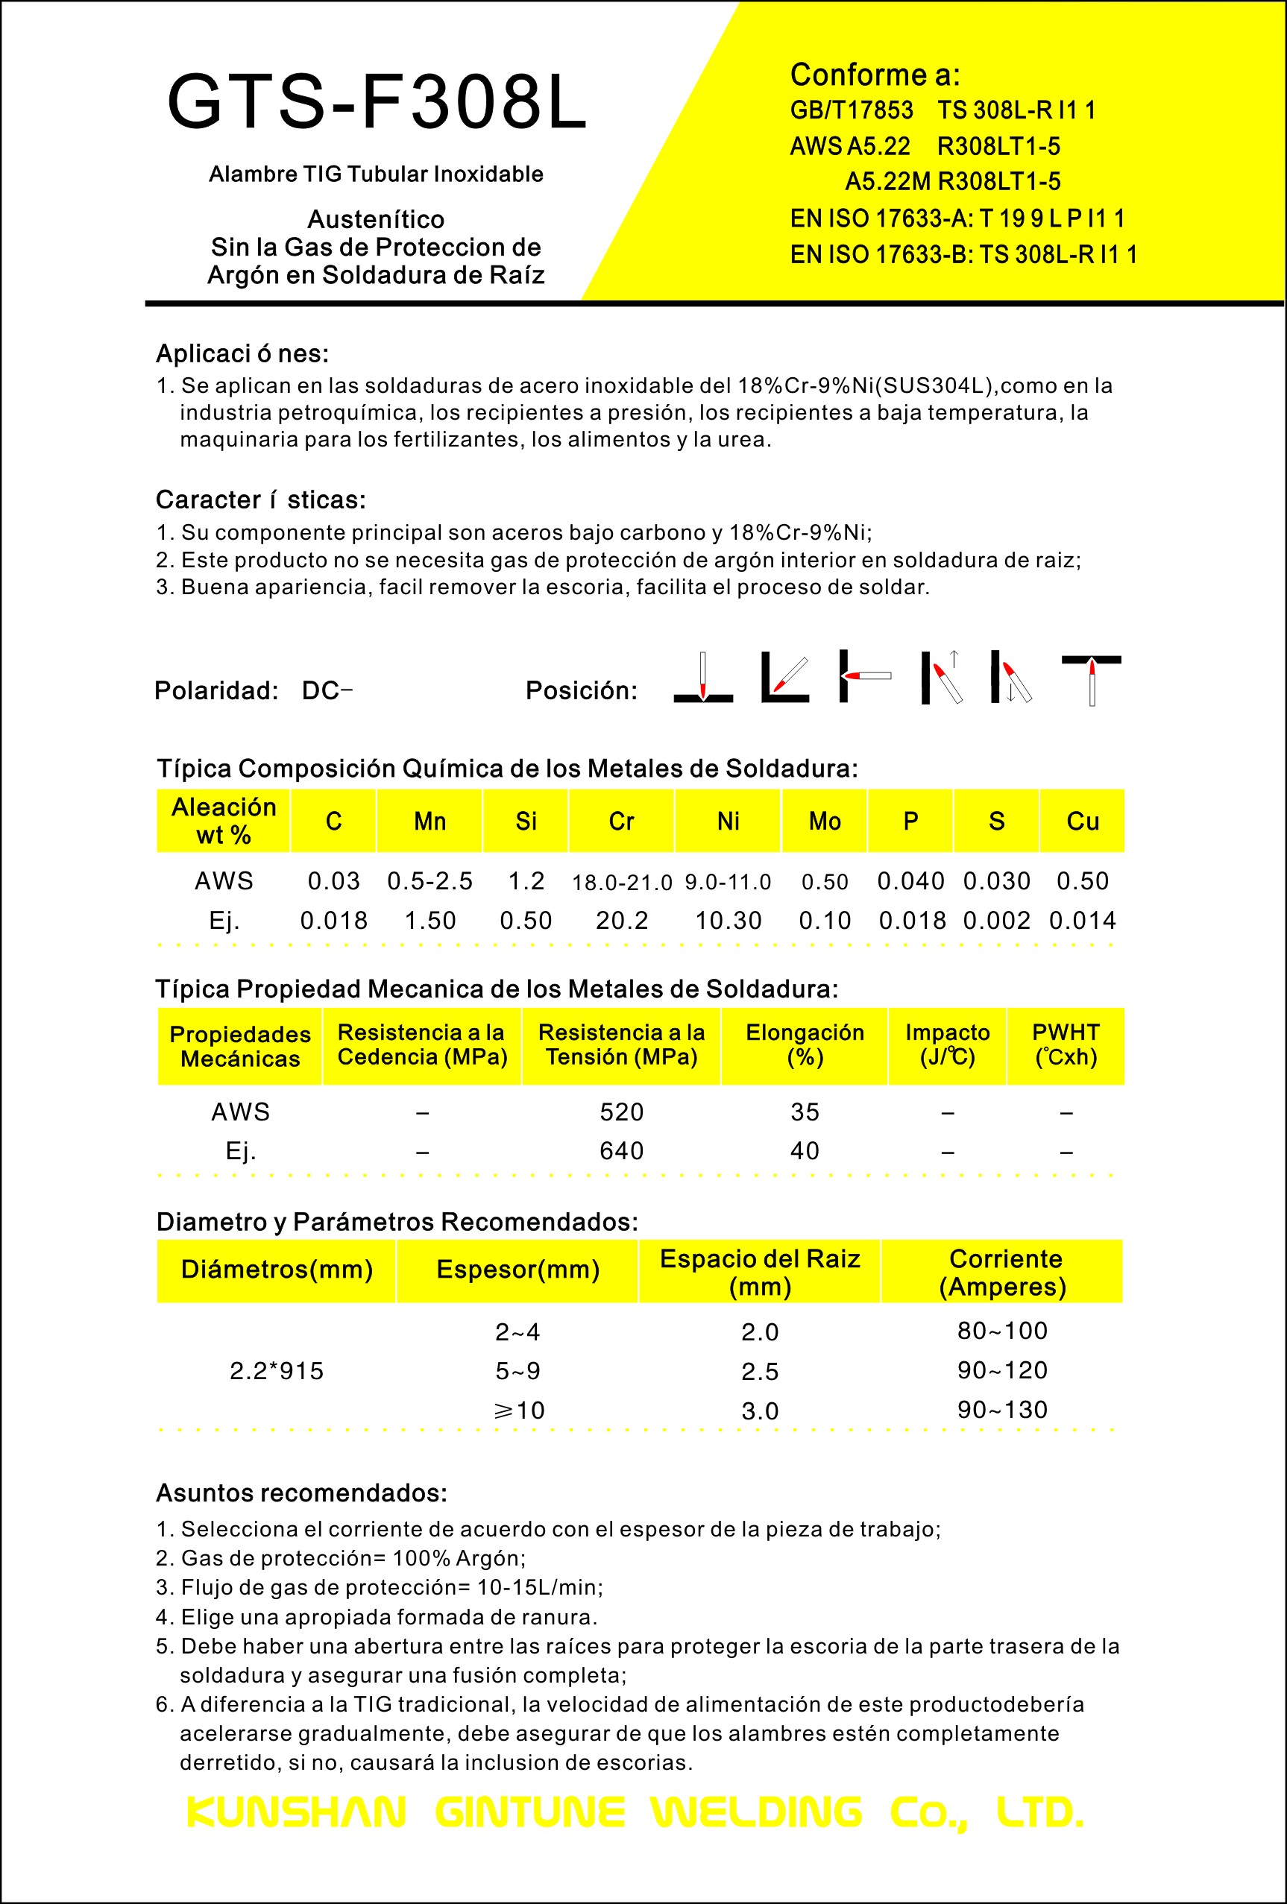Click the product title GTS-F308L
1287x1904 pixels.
click(377, 102)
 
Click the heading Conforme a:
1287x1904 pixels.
click(874, 75)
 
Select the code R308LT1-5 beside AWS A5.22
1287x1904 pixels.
click(998, 146)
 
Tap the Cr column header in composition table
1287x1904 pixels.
click(621, 821)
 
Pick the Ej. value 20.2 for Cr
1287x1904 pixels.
click(621, 920)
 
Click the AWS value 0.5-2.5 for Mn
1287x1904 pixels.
click(429, 880)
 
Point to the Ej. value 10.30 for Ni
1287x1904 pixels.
click(728, 920)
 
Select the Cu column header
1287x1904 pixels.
click(1081, 821)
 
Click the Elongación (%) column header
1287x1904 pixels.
click(804, 1044)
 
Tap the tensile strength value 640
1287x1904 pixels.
click(621, 1150)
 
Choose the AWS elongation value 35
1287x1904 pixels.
click(804, 1112)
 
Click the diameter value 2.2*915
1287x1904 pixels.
click(276, 1371)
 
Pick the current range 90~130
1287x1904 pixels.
click(1002, 1409)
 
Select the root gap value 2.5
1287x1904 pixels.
click(759, 1372)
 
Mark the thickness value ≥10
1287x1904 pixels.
click(517, 1410)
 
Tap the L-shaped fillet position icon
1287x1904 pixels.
click(784, 677)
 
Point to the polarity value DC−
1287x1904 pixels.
click(326, 690)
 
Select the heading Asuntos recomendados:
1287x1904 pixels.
click(301, 1492)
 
